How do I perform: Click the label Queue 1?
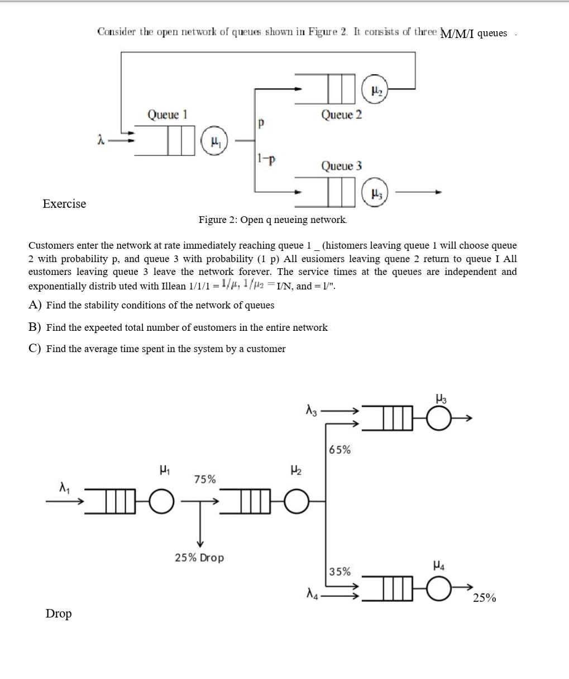[167, 115]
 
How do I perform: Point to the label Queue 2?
[341, 115]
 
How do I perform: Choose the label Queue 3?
[341, 166]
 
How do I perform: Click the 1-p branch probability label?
[266, 159]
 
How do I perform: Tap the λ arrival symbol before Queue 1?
[101, 140]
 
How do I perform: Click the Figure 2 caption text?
[272, 220]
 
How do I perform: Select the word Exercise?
[64, 204]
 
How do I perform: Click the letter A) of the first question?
[35, 305]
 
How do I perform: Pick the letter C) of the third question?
[35, 349]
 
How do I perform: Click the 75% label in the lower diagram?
[205, 479]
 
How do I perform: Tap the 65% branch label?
[340, 450]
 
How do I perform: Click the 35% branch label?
[340, 572]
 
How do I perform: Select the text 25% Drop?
[199, 558]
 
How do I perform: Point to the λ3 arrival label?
[311, 411]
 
